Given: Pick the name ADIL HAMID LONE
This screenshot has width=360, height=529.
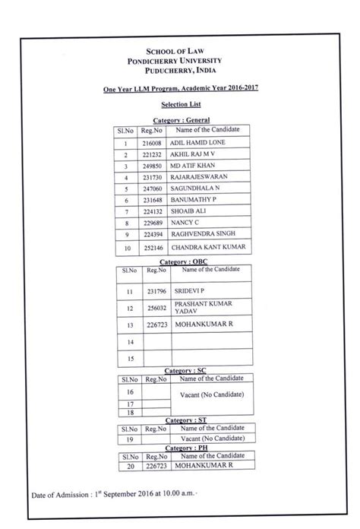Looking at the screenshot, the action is (200, 142).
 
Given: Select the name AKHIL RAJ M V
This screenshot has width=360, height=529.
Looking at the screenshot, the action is (196, 154).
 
